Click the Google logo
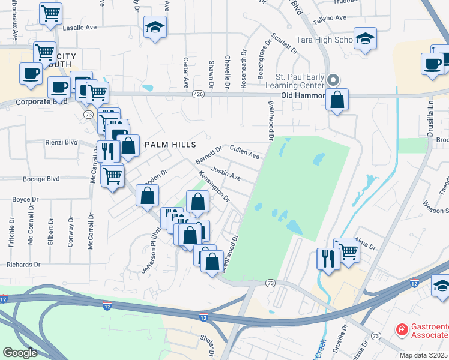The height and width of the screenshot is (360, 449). coord(20,353)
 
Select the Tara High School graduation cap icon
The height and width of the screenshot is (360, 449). coord(364,39)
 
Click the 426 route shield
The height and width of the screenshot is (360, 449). coord(198,95)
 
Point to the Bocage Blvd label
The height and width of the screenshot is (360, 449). coord(47,178)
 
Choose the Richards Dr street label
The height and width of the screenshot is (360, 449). coord(23,264)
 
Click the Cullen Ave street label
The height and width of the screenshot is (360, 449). coord(244,152)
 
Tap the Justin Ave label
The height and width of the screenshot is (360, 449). coord(226,174)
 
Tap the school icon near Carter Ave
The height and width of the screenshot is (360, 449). coord(155,27)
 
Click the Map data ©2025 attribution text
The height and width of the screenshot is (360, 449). coord(424,355)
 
